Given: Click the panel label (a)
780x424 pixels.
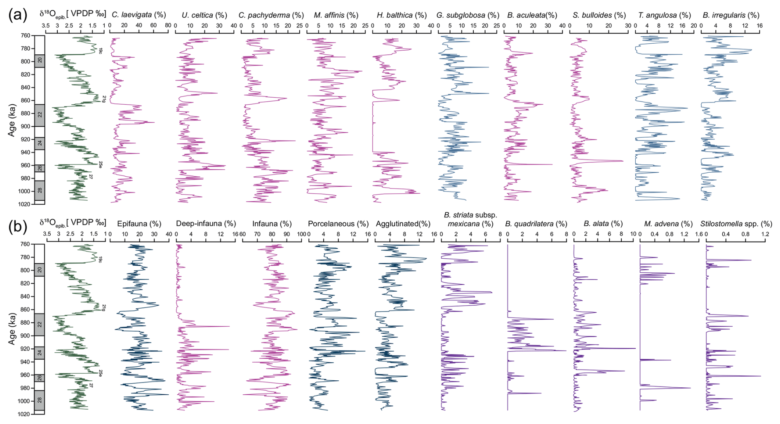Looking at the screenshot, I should pos(17,15).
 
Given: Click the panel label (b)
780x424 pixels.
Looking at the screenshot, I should pos(17,227).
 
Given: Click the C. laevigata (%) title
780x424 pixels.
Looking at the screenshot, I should pos(139,15).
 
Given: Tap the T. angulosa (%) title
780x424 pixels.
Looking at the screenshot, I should pos(664,15).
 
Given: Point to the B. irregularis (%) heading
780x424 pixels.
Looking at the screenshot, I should pos(731,15).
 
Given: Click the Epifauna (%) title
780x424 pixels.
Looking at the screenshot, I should pos(139,224).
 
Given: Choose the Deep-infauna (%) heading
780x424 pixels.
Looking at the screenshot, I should pos(206,224).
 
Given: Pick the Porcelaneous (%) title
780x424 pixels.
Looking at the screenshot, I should pos(338,224).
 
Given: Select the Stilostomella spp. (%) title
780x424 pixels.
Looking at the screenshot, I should pos(736,224).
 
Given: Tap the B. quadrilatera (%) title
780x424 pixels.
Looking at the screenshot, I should pos(536,224).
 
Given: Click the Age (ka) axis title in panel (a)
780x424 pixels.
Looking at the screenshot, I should pos(12,120).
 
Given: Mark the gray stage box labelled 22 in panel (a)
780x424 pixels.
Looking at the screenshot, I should pos(40,115).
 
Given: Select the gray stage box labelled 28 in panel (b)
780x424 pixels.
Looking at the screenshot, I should pos(40,400).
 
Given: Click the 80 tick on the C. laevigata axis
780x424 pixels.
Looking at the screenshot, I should pos(168,26).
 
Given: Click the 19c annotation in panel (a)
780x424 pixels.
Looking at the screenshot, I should pos(100,51).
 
